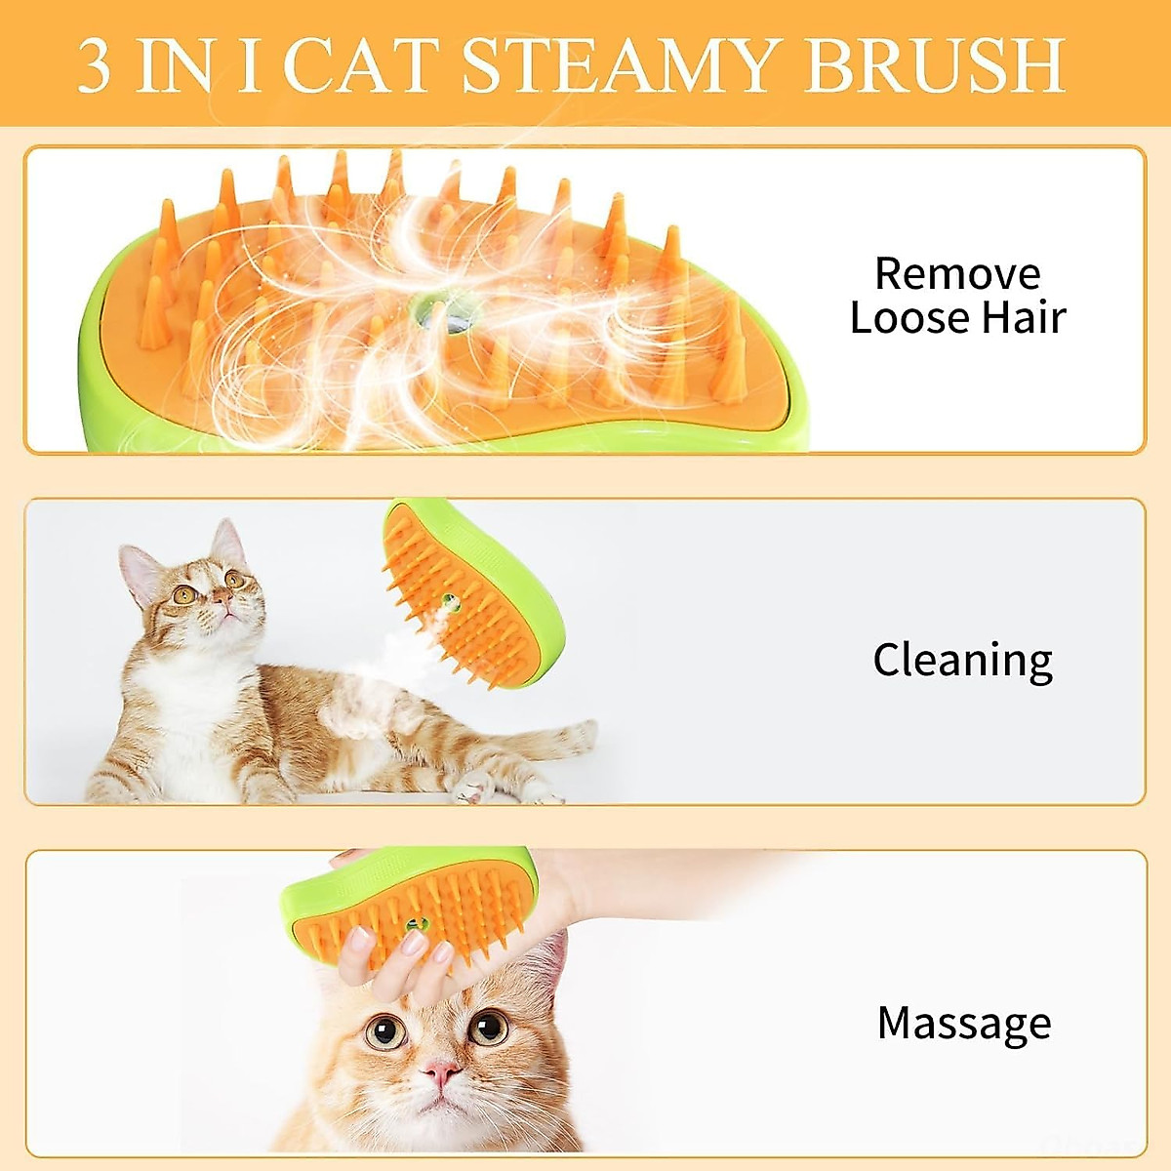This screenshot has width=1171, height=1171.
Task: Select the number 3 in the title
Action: [x=95, y=66]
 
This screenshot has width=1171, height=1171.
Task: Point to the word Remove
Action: [x=956, y=274]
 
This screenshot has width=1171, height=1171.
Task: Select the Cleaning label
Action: [x=962, y=661]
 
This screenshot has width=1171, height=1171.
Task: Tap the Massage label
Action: [x=964, y=1024]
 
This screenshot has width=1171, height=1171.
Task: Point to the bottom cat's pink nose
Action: [x=440, y=1073]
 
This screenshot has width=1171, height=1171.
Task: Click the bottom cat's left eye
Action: [x=384, y=1030]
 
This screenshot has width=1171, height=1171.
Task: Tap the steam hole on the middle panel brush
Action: [x=450, y=601]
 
